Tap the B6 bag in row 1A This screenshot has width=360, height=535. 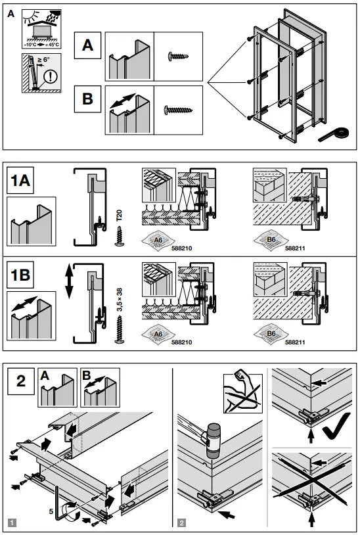(270, 240)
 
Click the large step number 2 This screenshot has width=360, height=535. (22, 382)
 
